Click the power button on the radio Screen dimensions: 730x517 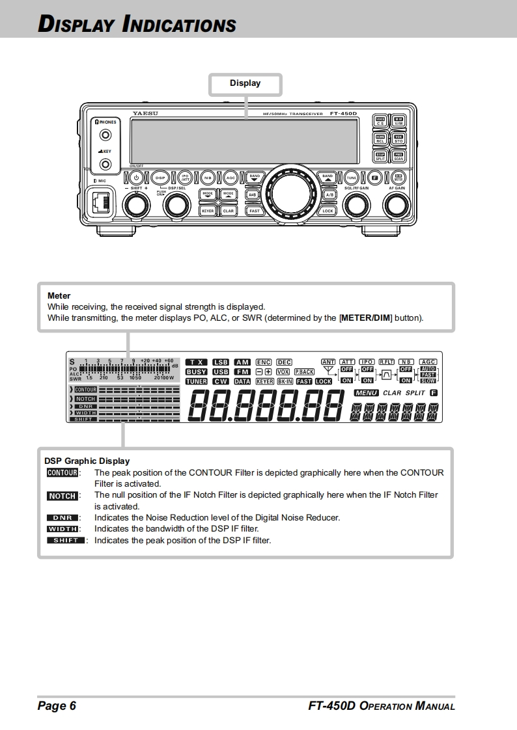click(136, 178)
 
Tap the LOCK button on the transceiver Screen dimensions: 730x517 click(328, 211)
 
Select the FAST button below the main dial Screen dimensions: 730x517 click(254, 211)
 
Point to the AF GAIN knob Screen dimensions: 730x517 click(396, 206)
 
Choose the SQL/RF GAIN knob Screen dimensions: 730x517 click(356, 206)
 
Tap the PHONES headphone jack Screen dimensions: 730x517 click(105, 135)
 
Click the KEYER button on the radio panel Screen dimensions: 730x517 click(208, 211)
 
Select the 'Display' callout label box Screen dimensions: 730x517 click(245, 83)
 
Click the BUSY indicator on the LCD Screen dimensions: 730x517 click(197, 372)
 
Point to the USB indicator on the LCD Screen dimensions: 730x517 click(221, 372)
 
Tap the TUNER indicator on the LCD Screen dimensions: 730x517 click(197, 382)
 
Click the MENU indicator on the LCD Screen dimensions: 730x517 click(366, 393)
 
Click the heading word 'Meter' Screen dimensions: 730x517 click(59, 295)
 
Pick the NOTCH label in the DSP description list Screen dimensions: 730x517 click(63, 496)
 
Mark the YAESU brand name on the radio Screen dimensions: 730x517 click(145, 113)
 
